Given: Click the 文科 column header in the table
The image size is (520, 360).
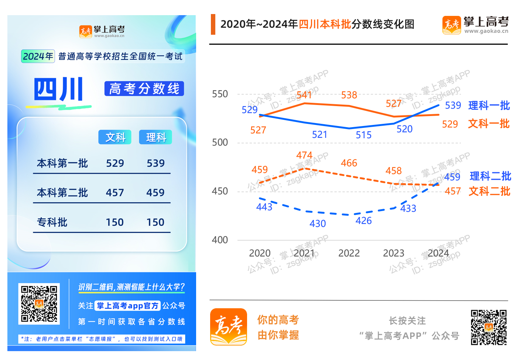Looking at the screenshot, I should [115, 137].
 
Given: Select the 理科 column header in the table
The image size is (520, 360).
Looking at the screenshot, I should [155, 137].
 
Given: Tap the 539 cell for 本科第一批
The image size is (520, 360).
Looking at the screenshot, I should [155, 163].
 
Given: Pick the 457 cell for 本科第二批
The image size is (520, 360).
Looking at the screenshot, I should [115, 193].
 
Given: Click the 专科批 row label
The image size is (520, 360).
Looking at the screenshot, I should [52, 222].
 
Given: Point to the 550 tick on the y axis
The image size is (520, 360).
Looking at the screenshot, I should [220, 94].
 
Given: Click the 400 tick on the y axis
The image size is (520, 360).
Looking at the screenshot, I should [220, 240].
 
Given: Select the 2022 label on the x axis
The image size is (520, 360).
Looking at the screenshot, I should [349, 253].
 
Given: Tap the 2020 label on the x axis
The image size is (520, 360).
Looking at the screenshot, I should [260, 253].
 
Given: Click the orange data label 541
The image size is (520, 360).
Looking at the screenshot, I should [304, 95].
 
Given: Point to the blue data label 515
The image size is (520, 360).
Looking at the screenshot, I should [363, 135].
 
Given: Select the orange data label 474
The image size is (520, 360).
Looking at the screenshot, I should [304, 155].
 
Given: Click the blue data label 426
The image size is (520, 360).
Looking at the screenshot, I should [363, 221].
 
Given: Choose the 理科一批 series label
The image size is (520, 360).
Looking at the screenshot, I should [489, 106].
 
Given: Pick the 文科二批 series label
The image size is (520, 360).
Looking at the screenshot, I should [489, 191].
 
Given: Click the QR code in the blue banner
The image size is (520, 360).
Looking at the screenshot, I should [39, 304].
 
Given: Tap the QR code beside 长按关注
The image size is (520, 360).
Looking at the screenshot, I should [489, 327].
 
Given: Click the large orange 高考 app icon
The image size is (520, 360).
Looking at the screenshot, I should [229, 327].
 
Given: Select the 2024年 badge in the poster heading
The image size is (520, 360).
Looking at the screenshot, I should [38, 56].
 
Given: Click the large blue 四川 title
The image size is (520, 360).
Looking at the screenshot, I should [59, 89].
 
